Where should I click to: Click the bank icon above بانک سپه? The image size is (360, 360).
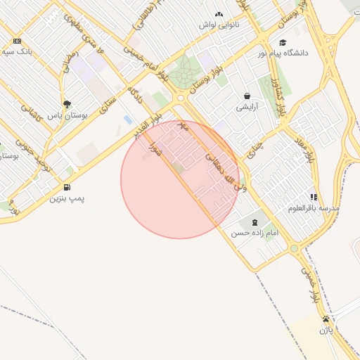pos(17,41)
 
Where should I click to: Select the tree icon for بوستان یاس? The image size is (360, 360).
pos(67,103)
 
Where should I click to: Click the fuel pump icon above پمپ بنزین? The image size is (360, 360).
pos(67,187)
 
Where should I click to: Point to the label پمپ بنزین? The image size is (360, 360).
pos(67,198)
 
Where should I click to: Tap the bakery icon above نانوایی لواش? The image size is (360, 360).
pos(219,14)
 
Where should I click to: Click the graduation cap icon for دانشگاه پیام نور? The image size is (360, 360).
pos(283,42)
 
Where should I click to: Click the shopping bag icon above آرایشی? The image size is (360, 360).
pos(247,96)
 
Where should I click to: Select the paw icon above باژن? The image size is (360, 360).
pos(325,319)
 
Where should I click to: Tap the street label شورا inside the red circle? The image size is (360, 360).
pos(155,149)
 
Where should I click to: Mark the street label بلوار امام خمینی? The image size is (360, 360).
pos(145,63)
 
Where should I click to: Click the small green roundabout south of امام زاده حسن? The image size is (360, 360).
pos(294,248)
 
